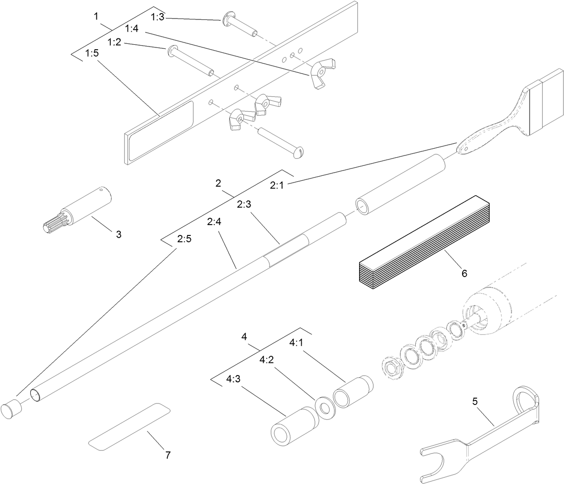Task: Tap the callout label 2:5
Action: [x=184, y=239]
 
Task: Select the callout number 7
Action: [x=167, y=455]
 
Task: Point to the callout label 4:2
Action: [x=266, y=360]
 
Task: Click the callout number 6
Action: [x=464, y=273]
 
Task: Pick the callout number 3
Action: [x=118, y=234]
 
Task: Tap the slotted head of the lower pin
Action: [x=298, y=153]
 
